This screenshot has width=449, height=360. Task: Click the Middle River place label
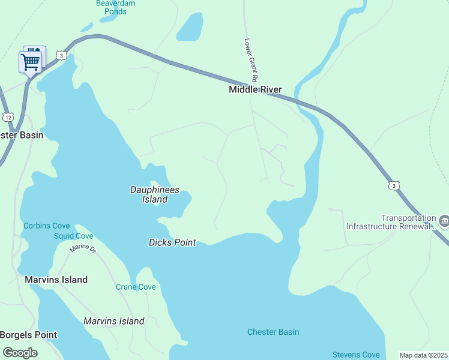click(255, 90)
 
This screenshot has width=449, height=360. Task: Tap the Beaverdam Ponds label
click(115, 7)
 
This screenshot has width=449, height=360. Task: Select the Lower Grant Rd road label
click(251, 61)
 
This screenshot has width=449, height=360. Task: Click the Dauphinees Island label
click(155, 194)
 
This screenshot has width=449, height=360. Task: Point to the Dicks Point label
click(172, 242)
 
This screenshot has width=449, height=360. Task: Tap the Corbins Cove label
click(47, 226)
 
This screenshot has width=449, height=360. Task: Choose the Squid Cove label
click(73, 236)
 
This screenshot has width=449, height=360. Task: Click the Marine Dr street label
click(83, 248)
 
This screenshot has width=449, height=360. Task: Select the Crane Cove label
click(136, 287)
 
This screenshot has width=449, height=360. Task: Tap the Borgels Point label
click(29, 335)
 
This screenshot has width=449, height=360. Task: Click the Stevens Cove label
click(356, 355)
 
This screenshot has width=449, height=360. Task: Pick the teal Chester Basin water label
click(273, 332)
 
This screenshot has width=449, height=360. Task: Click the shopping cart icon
click(30, 61)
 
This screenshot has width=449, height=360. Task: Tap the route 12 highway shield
click(7, 116)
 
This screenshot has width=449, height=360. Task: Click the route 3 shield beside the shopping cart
click(61, 55)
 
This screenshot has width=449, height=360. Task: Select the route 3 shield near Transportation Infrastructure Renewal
click(393, 186)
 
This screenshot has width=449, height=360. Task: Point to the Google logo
click(20, 352)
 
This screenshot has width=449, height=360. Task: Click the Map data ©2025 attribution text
click(423, 355)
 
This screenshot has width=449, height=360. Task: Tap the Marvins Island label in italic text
click(114, 321)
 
